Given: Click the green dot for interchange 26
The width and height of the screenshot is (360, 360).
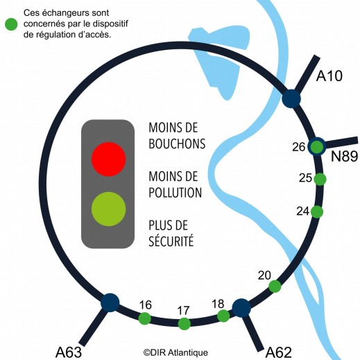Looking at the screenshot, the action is pos(316,146).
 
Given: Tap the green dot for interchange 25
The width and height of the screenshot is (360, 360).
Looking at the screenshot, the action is pos(320,179).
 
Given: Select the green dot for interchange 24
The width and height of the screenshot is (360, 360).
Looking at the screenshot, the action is pos(317,212).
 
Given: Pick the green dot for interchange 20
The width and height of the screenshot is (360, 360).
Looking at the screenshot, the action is pos(275,286).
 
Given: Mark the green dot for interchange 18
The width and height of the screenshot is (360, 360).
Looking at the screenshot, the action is pos(223,316).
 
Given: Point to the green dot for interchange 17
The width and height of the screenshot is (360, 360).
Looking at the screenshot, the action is pos(185,324).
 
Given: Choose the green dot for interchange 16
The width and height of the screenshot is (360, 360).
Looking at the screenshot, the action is pos(145,318).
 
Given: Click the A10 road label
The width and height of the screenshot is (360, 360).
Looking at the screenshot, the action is pos(329,76).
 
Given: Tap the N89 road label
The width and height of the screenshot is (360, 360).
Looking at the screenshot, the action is pos(344,156).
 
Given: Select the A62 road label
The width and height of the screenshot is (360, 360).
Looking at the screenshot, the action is pos(279,352).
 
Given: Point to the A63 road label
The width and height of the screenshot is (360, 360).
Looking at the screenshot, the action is pos(69,352).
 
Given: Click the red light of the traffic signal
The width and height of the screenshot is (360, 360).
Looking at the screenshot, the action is pos(108,159).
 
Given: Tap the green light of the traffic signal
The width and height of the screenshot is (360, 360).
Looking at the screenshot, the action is pos(108,209).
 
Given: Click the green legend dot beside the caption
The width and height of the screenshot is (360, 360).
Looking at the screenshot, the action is pos(11,24).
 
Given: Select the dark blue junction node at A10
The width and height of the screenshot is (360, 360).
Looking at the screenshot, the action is pos(291,98).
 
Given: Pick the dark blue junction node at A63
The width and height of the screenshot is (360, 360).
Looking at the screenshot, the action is pos(110,302).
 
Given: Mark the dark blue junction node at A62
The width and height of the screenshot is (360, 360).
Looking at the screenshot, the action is pos(241,308).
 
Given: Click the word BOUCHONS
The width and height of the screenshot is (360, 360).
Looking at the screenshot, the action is pos(177,144).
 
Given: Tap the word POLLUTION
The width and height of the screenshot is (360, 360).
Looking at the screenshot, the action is pos(175,192).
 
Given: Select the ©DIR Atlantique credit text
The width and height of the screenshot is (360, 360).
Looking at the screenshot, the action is pos(175,353).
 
